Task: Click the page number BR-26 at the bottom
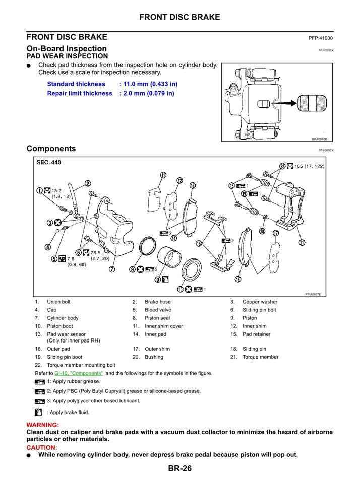click(180, 469)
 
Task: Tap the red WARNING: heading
click(42, 425)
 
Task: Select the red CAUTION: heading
click(42, 447)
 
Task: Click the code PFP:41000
click(321, 38)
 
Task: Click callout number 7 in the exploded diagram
click(111, 269)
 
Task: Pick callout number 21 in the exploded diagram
click(302, 242)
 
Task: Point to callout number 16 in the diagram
click(237, 279)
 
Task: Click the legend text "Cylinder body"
click(63, 318)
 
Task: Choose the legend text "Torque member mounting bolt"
click(81, 365)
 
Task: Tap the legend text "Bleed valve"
click(158, 310)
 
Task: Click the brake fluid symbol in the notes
click(39, 412)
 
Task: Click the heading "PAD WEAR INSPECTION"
click(67, 56)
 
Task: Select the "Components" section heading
click(51, 149)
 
